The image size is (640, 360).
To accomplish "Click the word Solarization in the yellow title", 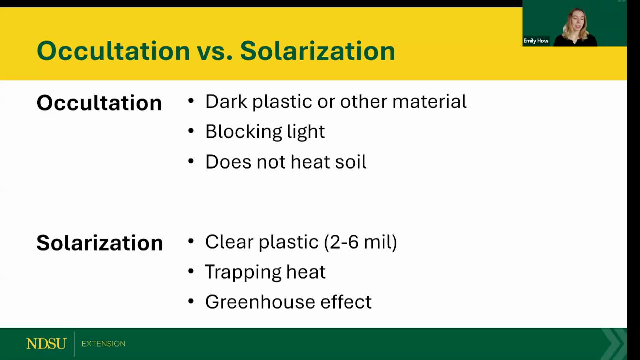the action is pos(317,51).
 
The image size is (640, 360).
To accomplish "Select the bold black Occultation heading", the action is pos(99,103).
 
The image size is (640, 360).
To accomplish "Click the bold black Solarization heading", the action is pos(100,243).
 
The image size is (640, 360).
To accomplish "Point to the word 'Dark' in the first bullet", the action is pos(226,101).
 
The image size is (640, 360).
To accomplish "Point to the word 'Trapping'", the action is pos(243,272).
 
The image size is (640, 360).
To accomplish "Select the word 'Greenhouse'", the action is pos(260,302).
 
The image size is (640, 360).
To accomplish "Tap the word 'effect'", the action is pos(346,302).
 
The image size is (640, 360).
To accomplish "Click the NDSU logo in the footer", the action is pos(46,344).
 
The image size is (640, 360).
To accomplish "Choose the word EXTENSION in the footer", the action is pos(103,344).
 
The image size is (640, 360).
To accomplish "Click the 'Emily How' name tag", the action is pos(536,41).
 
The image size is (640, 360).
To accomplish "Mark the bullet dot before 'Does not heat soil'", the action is pos(191,161).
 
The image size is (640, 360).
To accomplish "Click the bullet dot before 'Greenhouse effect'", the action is pos(191,301).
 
